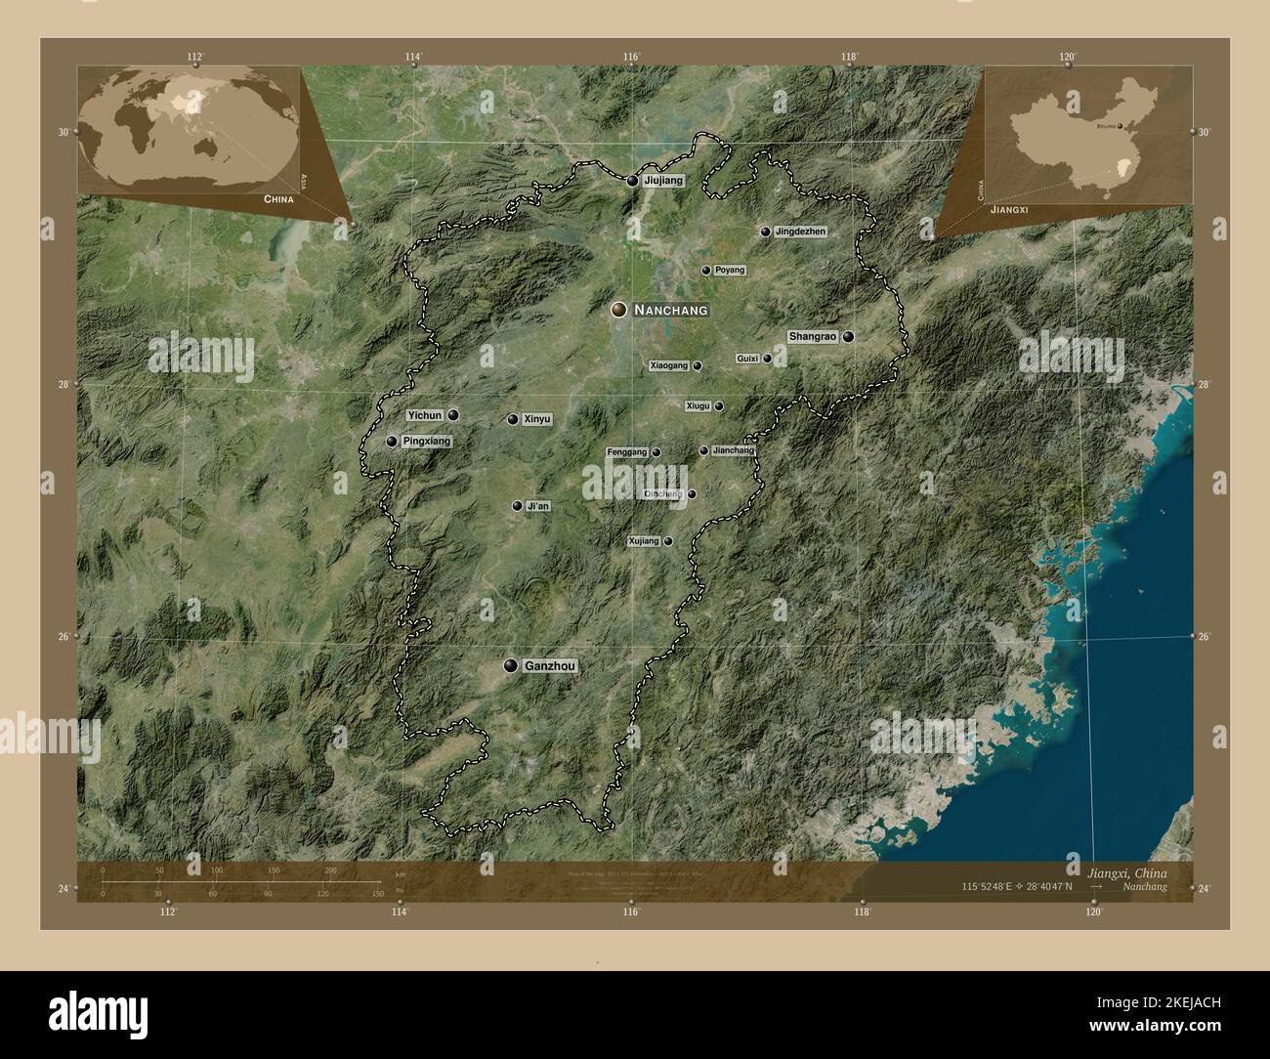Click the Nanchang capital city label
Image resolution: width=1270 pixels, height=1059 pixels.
click(670, 310)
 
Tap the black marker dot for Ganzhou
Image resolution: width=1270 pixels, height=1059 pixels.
click(510, 665)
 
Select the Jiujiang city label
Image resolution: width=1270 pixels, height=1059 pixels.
click(664, 181)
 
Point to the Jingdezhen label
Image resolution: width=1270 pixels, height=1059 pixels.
click(800, 232)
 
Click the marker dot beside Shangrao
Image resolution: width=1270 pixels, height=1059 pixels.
click(849, 337)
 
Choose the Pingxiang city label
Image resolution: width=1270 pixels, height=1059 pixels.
click(427, 442)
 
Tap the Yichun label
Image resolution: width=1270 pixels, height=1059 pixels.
click(425, 415)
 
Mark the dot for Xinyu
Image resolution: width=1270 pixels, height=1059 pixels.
click(513, 419)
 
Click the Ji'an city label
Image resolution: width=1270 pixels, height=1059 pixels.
click(537, 506)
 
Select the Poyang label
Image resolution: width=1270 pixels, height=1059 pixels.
click(730, 270)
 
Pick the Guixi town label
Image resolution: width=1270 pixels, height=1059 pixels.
click(747, 359)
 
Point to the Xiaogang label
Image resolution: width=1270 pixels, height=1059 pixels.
click(669, 365)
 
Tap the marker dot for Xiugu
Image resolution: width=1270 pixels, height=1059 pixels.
click(719, 406)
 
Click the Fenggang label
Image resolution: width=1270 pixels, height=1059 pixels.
click(627, 452)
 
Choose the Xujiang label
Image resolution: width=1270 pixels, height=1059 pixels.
click(644, 540)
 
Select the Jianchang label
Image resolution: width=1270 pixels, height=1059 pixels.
click(734, 451)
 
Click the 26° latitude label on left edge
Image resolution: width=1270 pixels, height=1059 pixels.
click(63, 637)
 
